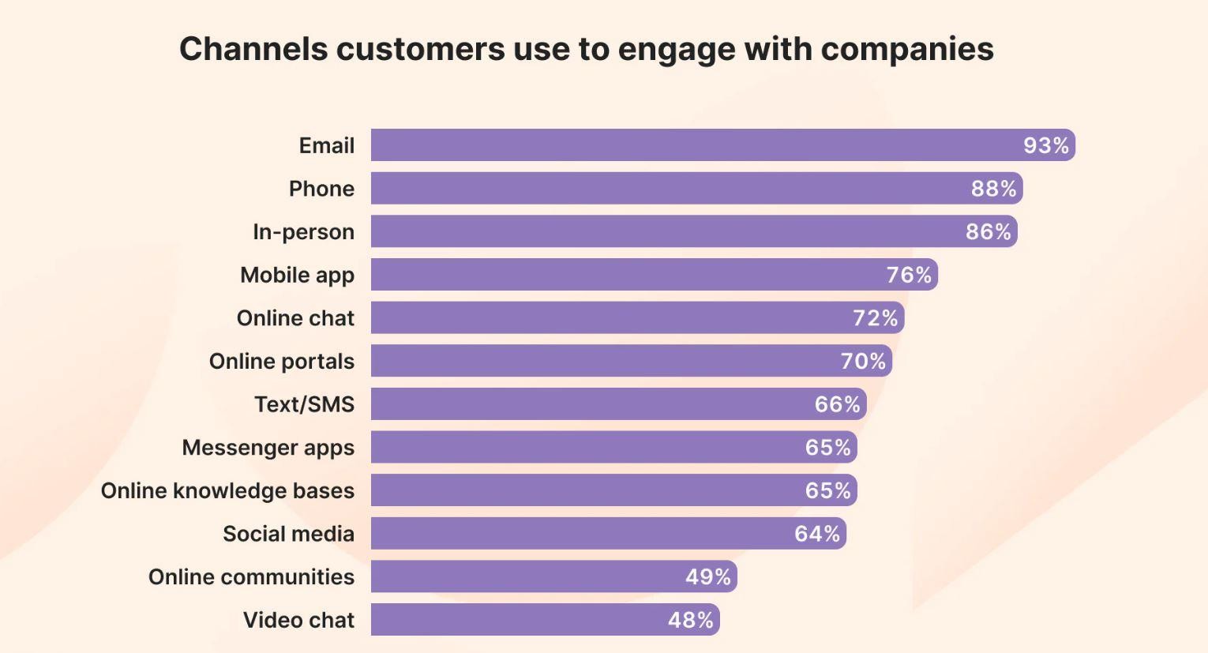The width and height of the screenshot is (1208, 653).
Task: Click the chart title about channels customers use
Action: [586, 49]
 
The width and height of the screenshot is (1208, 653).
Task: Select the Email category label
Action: [326, 146]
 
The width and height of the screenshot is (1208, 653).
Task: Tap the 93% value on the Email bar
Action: [1045, 145]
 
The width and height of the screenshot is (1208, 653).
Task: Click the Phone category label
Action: [321, 189]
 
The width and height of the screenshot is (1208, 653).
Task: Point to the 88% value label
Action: [993, 189]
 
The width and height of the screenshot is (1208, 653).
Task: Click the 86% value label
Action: [988, 231]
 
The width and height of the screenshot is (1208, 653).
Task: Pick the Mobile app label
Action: [297, 275]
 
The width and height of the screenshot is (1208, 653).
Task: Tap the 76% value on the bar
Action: [909, 275]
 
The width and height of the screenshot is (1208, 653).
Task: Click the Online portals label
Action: [281, 361]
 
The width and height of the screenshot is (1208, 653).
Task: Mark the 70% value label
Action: [863, 361]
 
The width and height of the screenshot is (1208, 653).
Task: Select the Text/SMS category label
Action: [304, 404]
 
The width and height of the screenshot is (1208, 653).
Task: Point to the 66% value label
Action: [837, 404]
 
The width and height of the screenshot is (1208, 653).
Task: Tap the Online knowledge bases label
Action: [227, 490]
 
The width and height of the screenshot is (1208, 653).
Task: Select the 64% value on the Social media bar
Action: [817, 534]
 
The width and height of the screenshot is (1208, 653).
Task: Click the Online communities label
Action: [251, 577]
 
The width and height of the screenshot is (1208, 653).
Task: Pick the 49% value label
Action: [707, 577]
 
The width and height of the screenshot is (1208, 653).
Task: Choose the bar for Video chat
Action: [513, 620]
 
